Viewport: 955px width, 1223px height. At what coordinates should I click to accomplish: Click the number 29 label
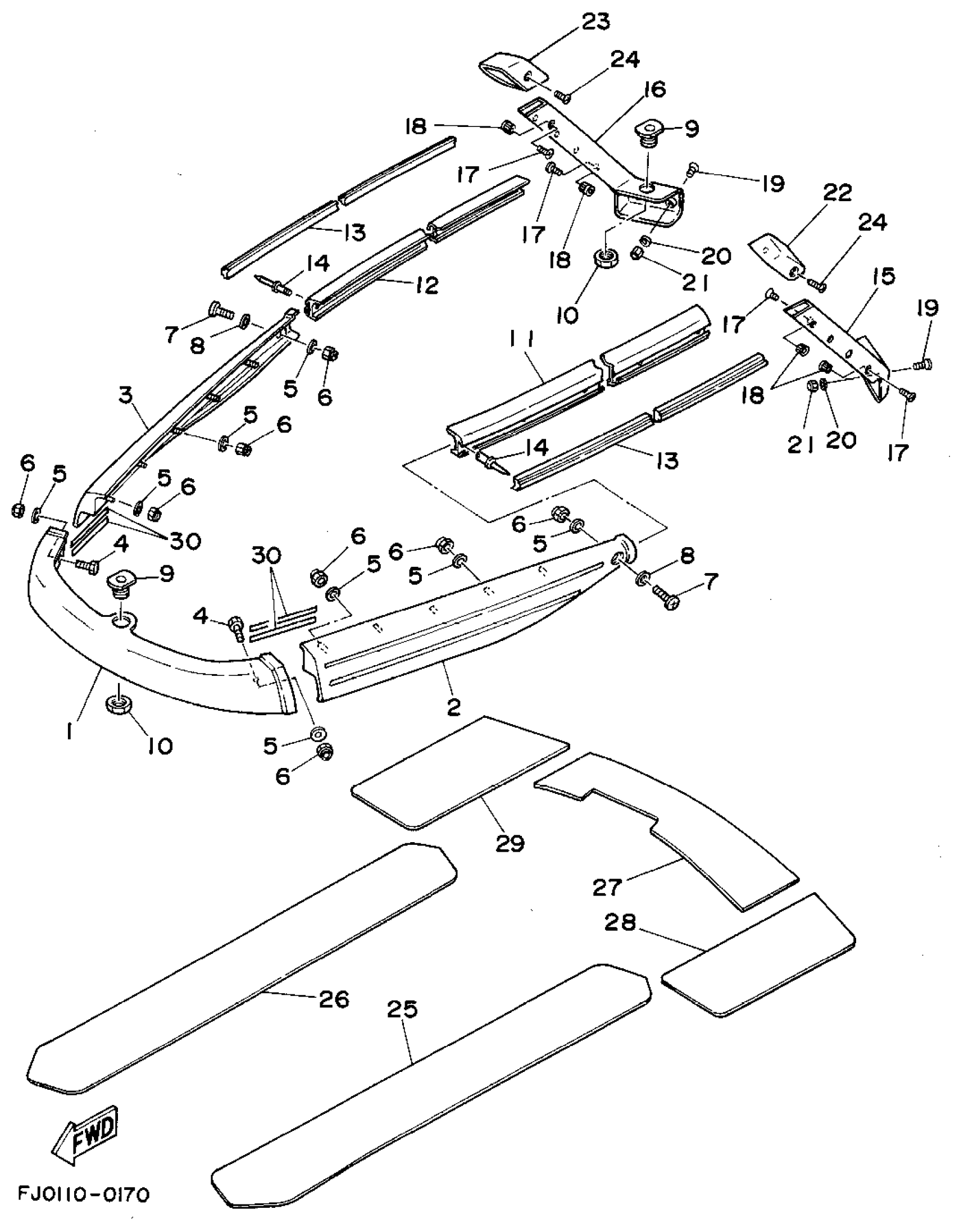tap(510, 843)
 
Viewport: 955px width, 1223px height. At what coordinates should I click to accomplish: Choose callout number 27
tap(608, 888)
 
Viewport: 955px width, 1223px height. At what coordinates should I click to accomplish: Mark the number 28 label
tap(620, 923)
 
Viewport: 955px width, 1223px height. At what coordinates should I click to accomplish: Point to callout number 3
tap(125, 395)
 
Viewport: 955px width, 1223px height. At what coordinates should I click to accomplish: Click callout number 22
tap(837, 193)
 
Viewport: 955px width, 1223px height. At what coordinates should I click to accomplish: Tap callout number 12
tap(427, 286)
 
